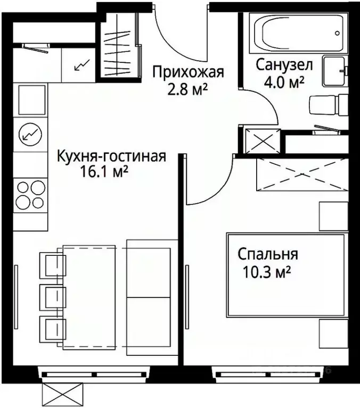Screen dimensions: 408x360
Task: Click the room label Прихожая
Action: [x=187, y=71]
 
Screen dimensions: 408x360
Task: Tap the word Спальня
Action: [x=268, y=255]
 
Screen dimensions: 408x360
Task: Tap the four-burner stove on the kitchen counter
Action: [x=31, y=195]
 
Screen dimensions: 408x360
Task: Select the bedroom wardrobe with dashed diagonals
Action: [x=302, y=174]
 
